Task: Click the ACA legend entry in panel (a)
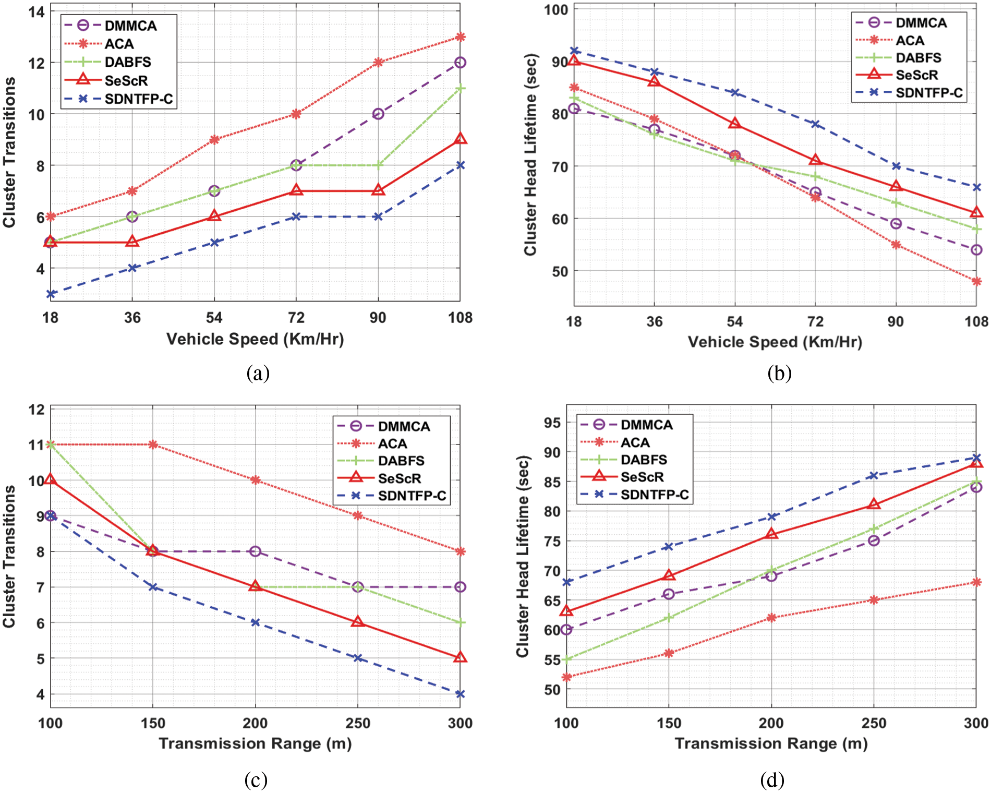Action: click(119, 44)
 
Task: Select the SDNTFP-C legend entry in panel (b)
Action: click(929, 93)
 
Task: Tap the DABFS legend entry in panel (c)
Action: click(401, 461)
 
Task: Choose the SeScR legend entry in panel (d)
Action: click(642, 477)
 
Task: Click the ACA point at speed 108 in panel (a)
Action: click(460, 37)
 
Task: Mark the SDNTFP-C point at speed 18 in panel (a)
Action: click(51, 294)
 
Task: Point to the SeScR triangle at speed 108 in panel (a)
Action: click(460, 139)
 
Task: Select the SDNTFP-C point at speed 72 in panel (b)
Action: click(815, 124)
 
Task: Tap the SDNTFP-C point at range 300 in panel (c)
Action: click(460, 694)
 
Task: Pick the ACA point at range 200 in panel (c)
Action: click(255, 480)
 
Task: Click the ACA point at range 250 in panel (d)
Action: click(874, 600)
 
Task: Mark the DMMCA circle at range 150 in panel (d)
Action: click(669, 594)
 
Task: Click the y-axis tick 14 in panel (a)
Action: click(37, 11)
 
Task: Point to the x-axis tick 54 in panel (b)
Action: click(735, 321)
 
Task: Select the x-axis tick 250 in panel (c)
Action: click(358, 723)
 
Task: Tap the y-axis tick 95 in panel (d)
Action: click(552, 423)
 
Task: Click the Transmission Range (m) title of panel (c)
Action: click(255, 743)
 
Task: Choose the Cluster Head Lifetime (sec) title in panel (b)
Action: click(530, 154)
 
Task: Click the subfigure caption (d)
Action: click(772, 780)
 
